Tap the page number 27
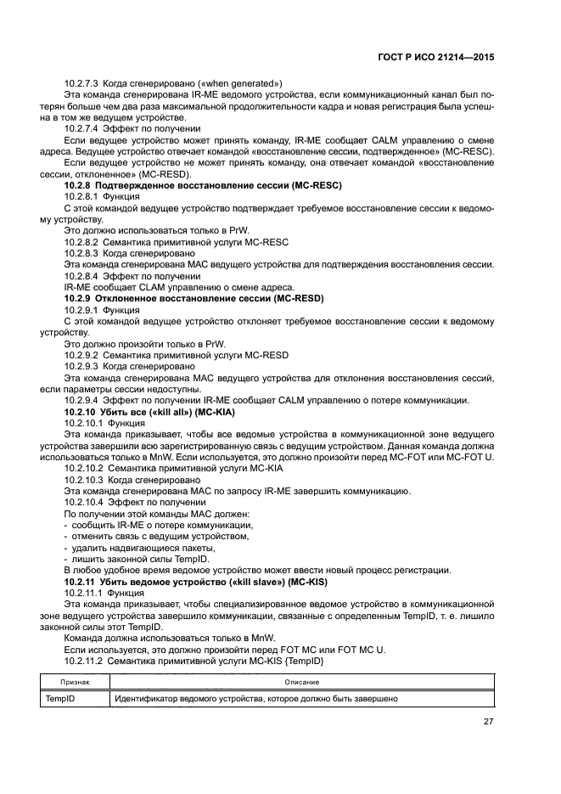point(488,721)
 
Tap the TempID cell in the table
point(60,699)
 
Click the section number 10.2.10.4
point(85,503)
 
